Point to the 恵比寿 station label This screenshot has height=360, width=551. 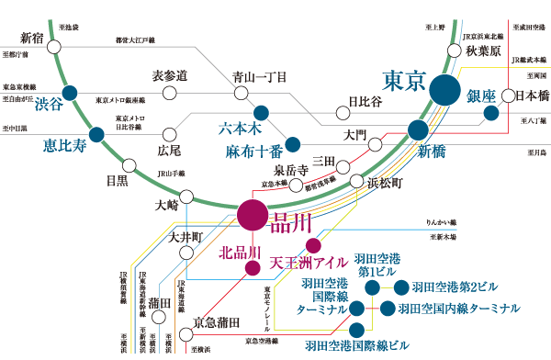pyautogui.click(x=64, y=144)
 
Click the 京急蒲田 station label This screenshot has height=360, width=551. pyautogui.click(x=218, y=322)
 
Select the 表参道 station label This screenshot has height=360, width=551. pyautogui.click(x=169, y=74)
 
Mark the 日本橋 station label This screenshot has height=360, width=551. pyautogui.click(x=530, y=95)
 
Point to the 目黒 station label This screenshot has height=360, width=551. pyautogui.click(x=117, y=181)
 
